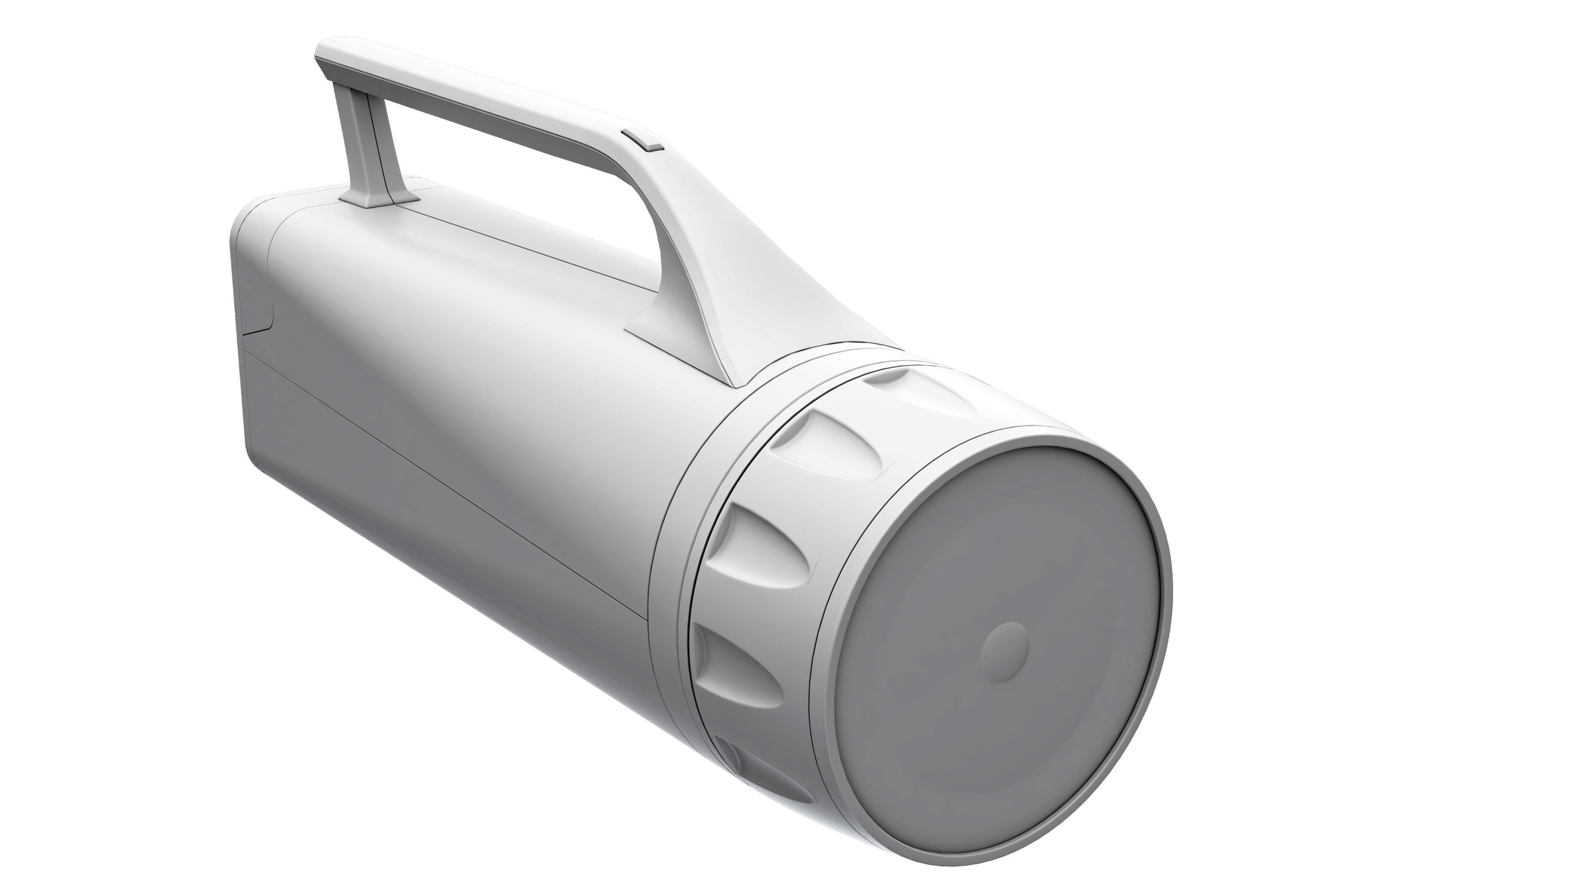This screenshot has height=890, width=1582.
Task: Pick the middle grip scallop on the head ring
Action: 755,540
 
